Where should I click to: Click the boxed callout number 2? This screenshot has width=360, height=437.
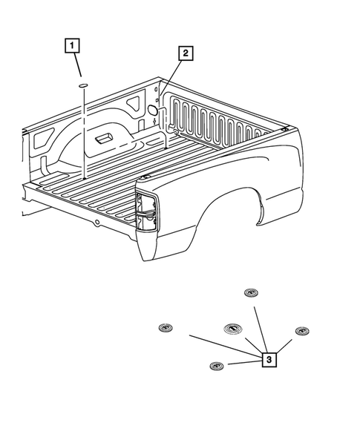click(x=185, y=53)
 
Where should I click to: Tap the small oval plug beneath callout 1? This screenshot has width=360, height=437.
click(x=84, y=87)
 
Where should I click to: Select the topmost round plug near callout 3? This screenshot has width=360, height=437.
click(x=250, y=292)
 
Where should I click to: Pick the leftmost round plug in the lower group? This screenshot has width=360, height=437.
click(x=165, y=327)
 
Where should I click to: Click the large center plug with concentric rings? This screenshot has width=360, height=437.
click(x=231, y=329)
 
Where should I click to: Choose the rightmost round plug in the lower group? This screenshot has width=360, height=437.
click(x=301, y=330)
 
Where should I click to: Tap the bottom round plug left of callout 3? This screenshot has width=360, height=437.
click(x=217, y=367)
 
